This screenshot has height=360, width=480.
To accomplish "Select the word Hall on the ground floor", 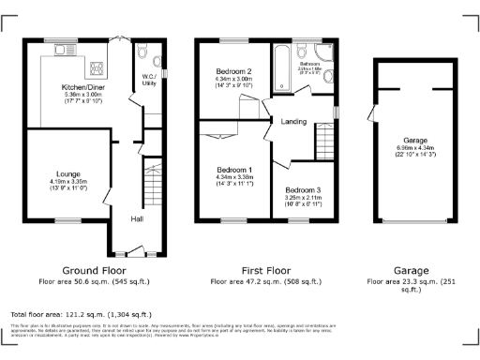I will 136,218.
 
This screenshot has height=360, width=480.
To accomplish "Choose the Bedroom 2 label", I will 234,72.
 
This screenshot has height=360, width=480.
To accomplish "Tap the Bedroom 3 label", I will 302,191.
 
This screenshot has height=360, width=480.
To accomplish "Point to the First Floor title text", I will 264,270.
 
